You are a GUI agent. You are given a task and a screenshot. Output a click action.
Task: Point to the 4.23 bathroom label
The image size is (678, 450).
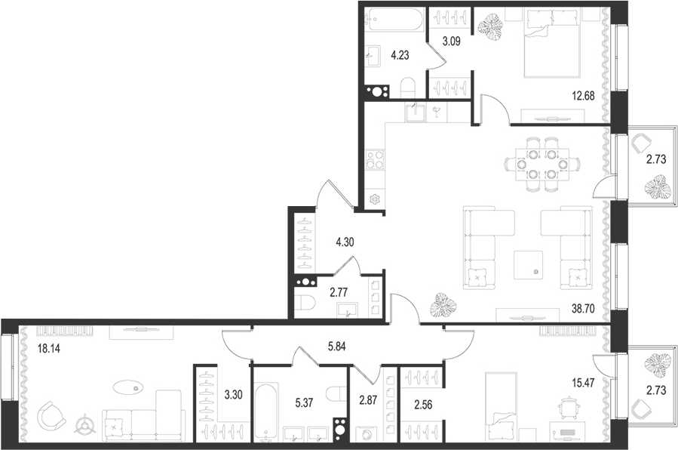click(x=401, y=54)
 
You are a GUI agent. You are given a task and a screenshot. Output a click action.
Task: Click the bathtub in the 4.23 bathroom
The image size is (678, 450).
click(x=394, y=20)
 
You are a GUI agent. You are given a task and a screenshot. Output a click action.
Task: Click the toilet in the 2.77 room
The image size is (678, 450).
click(x=305, y=304)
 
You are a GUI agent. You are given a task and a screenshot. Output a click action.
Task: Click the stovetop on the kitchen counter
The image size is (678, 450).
click(x=374, y=161)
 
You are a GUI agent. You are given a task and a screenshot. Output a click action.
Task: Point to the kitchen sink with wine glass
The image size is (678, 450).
click(x=416, y=113)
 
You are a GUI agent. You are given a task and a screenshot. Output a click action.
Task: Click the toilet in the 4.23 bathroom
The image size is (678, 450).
click(x=407, y=88)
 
